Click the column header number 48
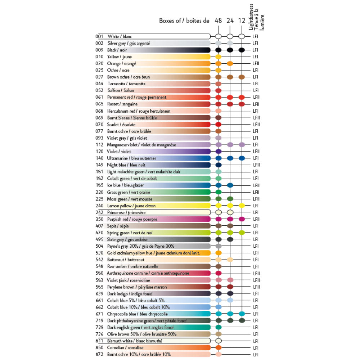coord(218,21)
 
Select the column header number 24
coord(230,21)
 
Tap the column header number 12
coord(242,21)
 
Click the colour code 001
coord(99,36)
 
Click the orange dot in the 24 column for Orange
coord(230,63)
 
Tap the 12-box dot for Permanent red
coord(242,97)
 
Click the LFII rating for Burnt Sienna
coord(256,118)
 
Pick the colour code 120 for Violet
coord(99,152)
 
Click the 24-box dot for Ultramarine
coord(230,158)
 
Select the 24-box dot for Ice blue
coord(230,185)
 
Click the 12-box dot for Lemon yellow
coord(242,206)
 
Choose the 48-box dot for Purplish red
coord(218,219)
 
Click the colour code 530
coord(99,253)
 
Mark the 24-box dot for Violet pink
coord(230,280)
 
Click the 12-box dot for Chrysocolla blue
coord(242,314)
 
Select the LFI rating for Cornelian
coord(256,348)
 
